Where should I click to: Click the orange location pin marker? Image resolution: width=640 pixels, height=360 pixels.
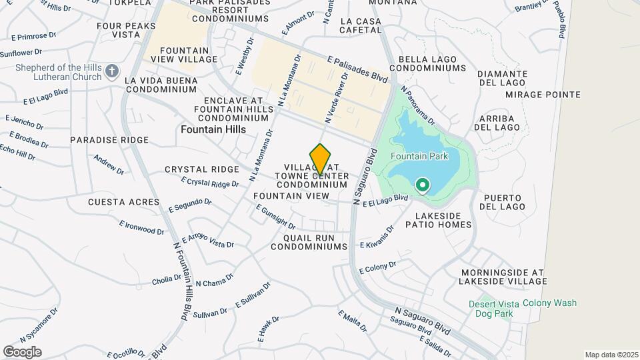tap(321, 159)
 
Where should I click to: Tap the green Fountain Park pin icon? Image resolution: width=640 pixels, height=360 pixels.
tap(422, 185)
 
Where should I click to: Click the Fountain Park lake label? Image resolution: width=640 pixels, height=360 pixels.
tap(419, 156)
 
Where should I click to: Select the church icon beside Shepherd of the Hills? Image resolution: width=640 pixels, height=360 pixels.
tap(112, 71)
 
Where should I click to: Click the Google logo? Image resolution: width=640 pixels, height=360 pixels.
tap(22, 351)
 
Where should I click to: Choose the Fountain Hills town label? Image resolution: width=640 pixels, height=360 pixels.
tap(213, 129)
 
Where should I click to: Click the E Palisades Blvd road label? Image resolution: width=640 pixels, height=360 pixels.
tap(357, 69)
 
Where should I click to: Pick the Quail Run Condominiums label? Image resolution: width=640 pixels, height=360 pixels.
tap(309, 242)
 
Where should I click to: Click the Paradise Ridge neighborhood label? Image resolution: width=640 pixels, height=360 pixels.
tap(109, 140)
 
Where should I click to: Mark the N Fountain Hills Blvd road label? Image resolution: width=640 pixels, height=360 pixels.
tap(179, 281)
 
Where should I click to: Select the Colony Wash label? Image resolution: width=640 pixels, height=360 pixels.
tap(549, 303)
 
